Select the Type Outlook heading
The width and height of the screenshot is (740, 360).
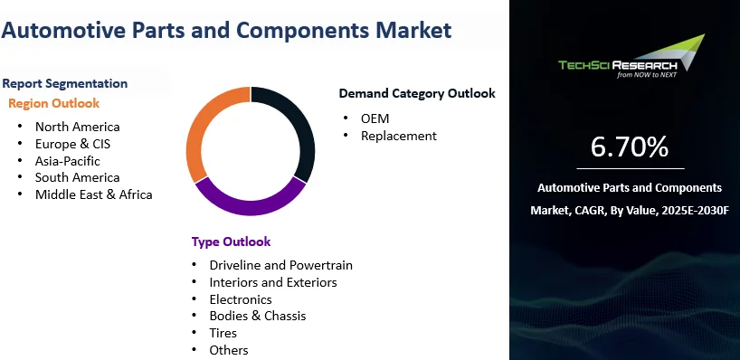231,242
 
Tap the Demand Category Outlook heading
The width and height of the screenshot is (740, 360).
417,93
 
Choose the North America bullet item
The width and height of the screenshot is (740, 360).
77,127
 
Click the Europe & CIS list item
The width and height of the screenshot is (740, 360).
72,144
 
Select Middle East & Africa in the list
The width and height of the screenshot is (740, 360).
93,194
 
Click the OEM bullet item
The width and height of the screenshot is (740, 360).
375,118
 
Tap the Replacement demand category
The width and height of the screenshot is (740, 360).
398,136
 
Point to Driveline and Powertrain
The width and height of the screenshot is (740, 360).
280,265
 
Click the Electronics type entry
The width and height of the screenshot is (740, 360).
240,298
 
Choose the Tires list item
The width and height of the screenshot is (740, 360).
223,333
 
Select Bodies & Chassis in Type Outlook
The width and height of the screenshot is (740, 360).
257,316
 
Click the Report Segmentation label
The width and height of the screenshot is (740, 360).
64,83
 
